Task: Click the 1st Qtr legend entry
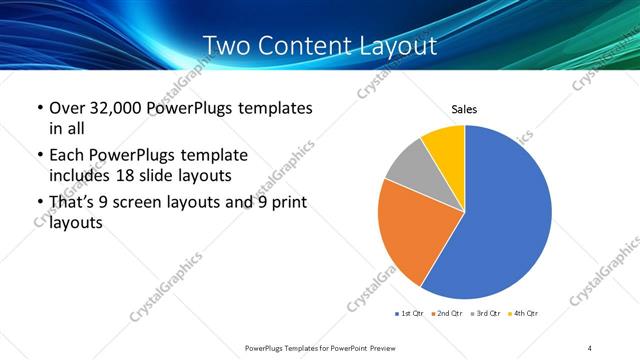410,314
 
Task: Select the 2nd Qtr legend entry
447,314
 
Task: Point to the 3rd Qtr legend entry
484,314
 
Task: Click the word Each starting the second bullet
66,156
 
